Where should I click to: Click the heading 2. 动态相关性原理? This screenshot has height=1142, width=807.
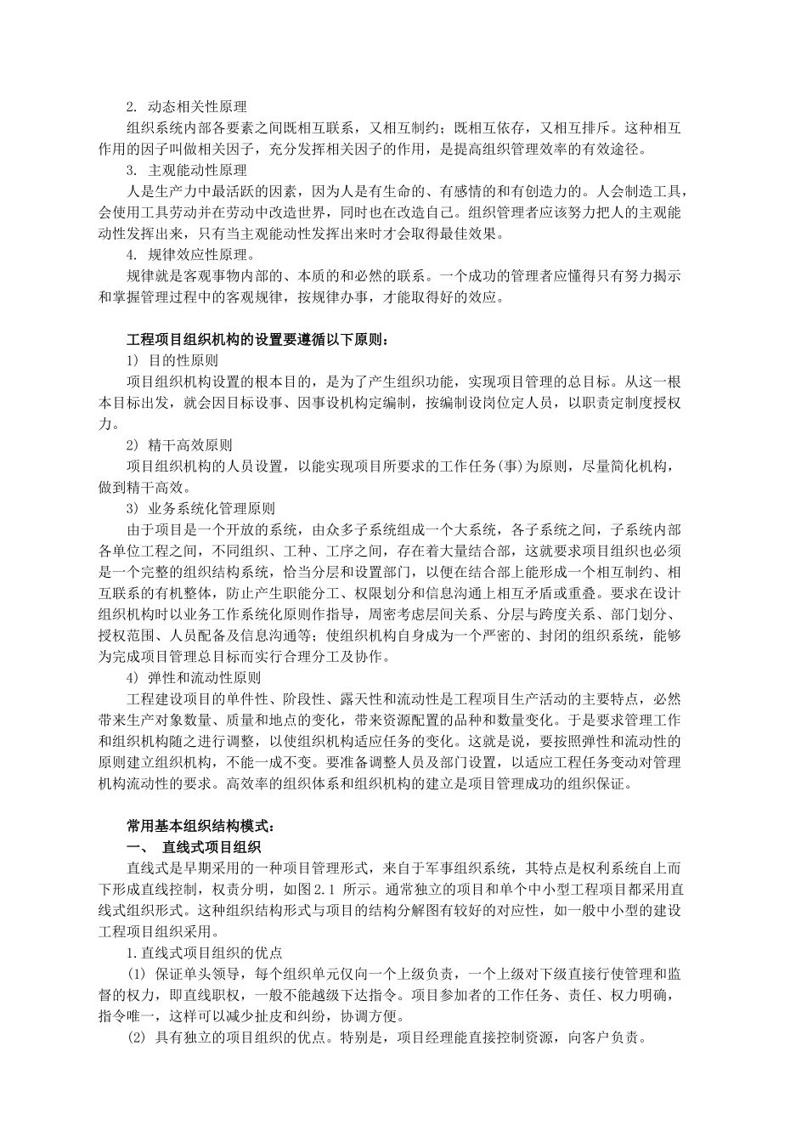186,107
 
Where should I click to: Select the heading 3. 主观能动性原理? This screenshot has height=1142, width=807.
186,170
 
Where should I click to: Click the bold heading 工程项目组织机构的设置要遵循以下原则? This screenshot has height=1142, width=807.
257,339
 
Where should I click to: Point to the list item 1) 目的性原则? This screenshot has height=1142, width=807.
172,360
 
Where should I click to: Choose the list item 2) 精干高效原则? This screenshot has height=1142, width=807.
178,444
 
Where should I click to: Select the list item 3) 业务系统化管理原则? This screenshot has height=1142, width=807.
200,508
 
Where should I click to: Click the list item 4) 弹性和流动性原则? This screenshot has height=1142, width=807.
193,678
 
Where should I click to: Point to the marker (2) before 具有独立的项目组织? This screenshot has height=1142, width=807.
137,1037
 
